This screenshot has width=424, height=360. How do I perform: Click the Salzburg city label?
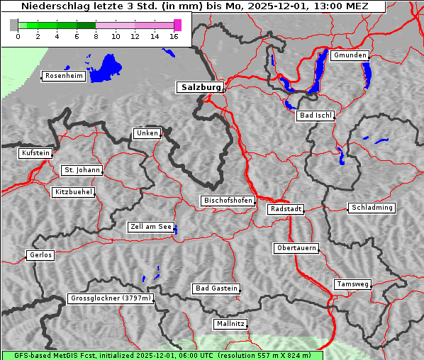pos(199,87)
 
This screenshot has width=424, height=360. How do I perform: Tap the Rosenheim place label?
pos(63,76)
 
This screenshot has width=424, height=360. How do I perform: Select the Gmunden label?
pos(349,55)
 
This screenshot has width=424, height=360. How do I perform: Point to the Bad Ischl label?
pos(315,116)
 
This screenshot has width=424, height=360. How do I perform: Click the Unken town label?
pos(147,133)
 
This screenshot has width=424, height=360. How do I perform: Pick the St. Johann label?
pos(82,170)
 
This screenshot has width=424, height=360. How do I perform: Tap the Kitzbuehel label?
pos(73,192)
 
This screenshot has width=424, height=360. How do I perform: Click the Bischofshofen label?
pos(228,201)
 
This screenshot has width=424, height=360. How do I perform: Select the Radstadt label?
pos(286,209)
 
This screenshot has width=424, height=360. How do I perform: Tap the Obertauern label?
pos(296,248)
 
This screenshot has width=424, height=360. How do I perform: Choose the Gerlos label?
pos(40,255)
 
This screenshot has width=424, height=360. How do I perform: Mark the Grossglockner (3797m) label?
pos(111,298)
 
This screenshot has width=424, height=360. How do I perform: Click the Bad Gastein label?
pos(216,288)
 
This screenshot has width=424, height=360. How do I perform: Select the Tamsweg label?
pos(352,284)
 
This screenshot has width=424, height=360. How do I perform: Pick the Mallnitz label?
pos(230,324)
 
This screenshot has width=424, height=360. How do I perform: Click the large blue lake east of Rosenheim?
pos(106,67)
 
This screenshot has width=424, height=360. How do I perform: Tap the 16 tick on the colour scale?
pos(174,37)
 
